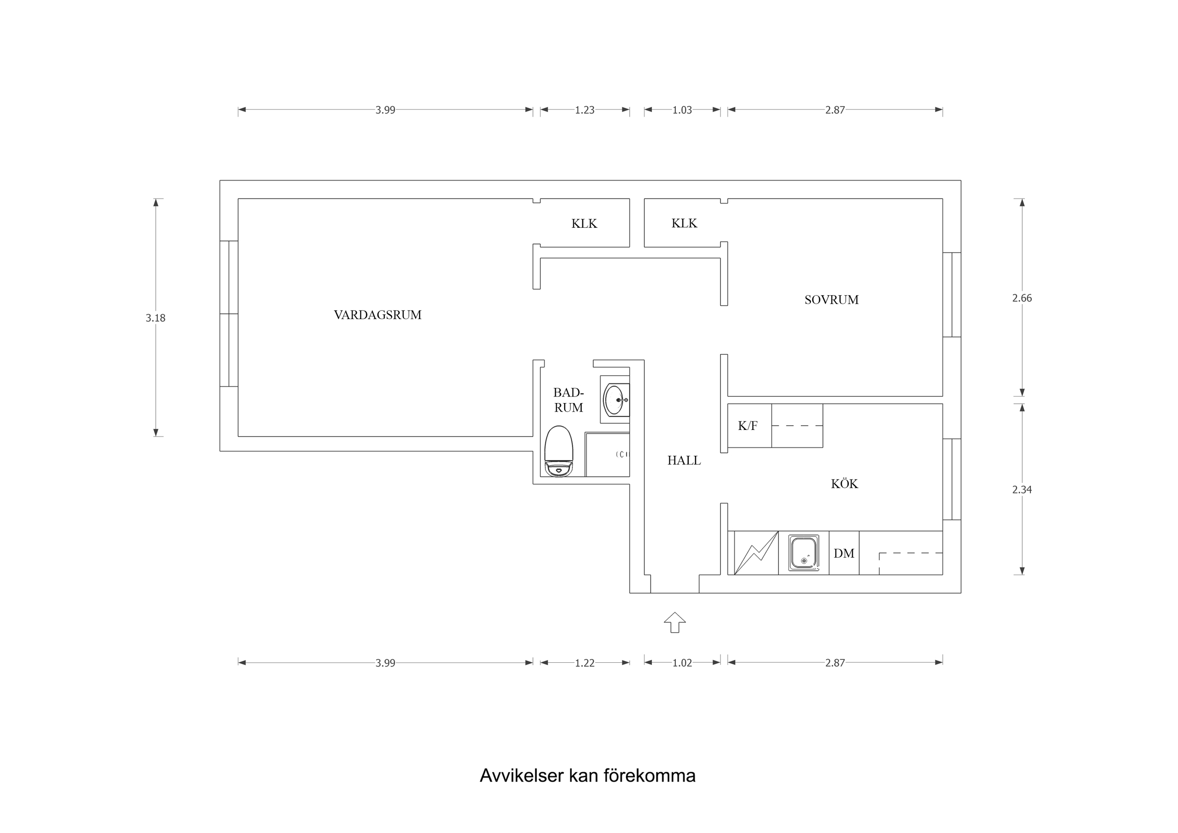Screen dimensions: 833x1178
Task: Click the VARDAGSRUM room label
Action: click(x=378, y=315)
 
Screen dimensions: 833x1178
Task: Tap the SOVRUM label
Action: click(x=831, y=300)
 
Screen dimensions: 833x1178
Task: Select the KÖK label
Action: click(x=844, y=484)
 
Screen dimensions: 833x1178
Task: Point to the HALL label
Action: click(x=684, y=461)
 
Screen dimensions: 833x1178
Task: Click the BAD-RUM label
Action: click(x=568, y=400)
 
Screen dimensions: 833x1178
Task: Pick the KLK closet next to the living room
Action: click(x=584, y=223)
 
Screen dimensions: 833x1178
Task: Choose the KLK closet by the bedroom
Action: click(x=684, y=223)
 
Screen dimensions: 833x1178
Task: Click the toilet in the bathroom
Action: click(x=558, y=452)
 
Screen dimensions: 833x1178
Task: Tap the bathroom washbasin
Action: click(x=615, y=400)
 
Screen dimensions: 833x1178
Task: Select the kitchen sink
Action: click(x=803, y=553)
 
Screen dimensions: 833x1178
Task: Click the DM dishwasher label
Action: click(x=844, y=553)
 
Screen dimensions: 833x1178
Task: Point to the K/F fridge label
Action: click(x=748, y=426)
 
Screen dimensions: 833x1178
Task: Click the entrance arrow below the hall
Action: click(x=675, y=622)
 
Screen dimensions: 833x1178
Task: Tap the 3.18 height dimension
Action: click(x=156, y=318)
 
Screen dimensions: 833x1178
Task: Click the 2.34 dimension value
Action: click(x=1021, y=490)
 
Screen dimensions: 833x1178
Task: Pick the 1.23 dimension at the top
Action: click(x=585, y=110)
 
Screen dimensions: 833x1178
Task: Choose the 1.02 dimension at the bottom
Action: click(x=682, y=663)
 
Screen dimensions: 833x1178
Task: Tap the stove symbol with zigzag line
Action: click(x=756, y=553)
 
